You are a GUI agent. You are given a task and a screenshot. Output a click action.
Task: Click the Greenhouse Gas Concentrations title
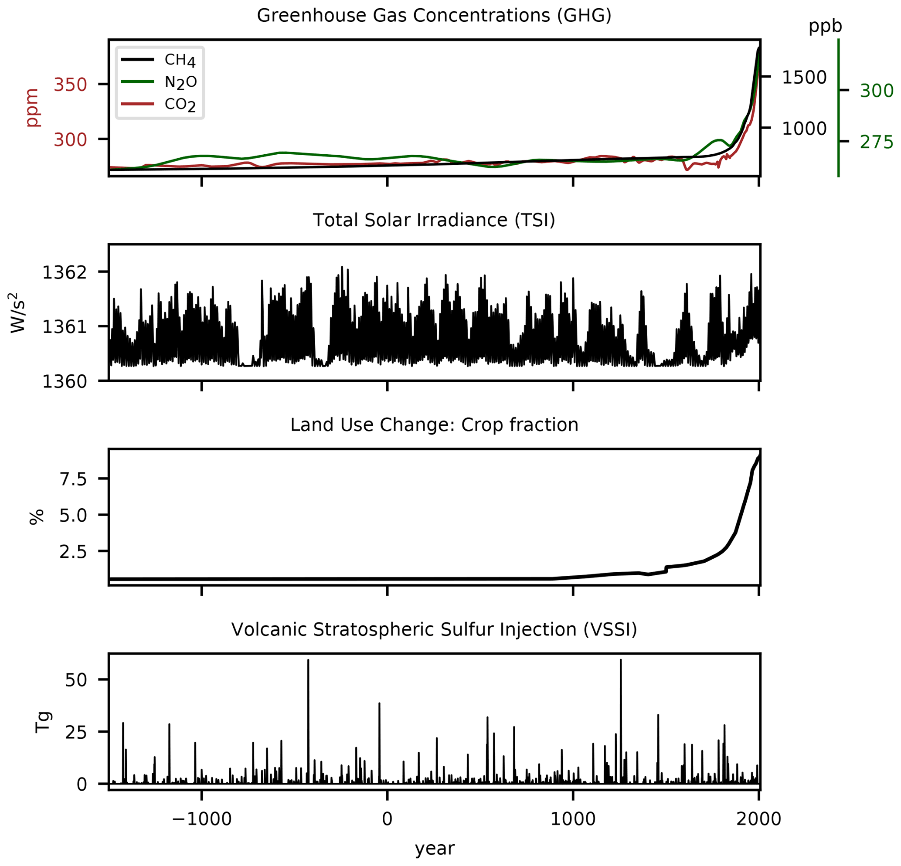(434, 16)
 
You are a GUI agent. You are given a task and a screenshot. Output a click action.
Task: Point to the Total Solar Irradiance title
(434, 220)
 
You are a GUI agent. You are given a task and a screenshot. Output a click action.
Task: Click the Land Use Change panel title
(434, 425)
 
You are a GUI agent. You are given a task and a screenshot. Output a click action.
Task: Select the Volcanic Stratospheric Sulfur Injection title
(434, 629)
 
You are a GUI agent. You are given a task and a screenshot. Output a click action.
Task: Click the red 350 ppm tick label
(70, 85)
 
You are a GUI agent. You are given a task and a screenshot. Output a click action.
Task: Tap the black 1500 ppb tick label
(804, 78)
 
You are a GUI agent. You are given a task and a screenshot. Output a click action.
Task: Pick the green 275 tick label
(876, 143)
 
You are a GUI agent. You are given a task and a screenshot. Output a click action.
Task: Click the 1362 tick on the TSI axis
(65, 272)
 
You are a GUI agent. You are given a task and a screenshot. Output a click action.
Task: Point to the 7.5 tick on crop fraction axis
(73, 479)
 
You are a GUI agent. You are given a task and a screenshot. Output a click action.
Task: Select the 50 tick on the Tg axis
(76, 680)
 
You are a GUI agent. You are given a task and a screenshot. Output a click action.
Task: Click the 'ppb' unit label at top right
(825, 26)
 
